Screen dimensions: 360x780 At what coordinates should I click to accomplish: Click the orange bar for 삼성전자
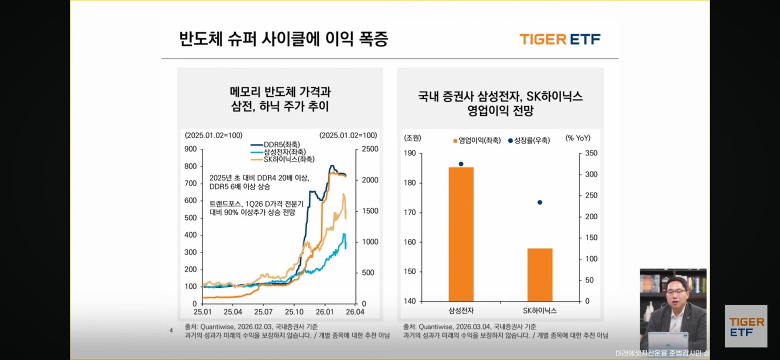point(461,234)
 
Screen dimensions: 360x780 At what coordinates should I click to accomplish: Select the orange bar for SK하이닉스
point(539,274)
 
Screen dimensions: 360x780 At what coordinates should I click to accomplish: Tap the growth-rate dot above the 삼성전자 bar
point(461,163)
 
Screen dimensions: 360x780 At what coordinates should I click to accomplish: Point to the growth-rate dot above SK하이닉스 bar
point(539,202)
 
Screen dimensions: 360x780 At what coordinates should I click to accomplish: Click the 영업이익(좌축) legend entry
point(477,140)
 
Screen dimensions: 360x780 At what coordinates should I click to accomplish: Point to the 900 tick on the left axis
point(190,149)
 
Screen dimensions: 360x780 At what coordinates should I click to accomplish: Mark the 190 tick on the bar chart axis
point(409,153)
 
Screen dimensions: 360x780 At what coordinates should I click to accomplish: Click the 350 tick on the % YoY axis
point(591,153)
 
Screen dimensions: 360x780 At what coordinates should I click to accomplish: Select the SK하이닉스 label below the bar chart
point(539,311)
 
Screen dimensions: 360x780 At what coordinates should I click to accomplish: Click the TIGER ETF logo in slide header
point(560,39)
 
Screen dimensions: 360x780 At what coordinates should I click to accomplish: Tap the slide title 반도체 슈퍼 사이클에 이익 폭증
point(283,39)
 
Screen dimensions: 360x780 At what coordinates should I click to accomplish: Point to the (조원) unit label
point(412,138)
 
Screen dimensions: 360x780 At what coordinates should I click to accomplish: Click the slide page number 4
point(171,330)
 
